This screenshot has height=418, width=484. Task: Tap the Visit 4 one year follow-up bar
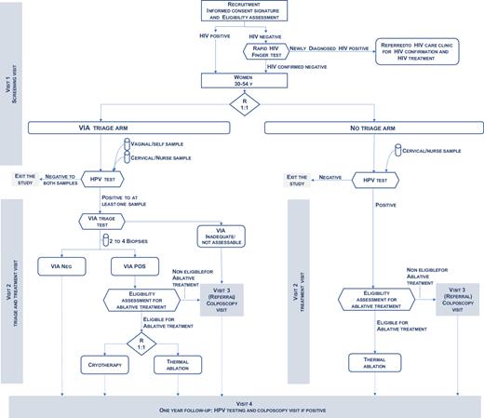244,406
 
